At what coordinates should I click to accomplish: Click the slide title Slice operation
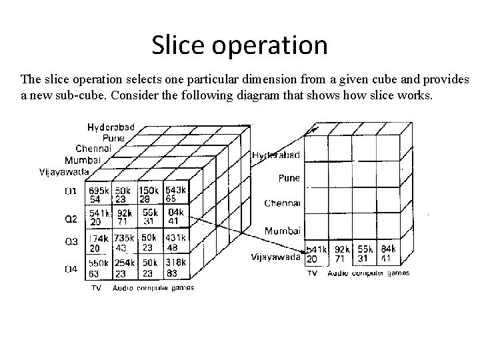click(x=239, y=45)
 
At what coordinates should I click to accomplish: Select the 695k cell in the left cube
click(x=99, y=195)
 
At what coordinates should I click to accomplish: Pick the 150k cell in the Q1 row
click(x=149, y=195)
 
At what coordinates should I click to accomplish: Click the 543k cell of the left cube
click(x=175, y=195)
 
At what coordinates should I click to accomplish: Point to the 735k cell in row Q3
click(x=124, y=242)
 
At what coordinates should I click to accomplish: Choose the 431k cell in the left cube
click(x=175, y=242)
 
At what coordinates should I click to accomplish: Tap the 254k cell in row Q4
click(x=124, y=267)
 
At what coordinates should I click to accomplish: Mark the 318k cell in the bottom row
click(x=175, y=267)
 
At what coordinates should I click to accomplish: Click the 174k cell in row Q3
click(x=99, y=242)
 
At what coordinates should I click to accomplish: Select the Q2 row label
click(x=71, y=219)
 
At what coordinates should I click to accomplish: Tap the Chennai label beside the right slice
click(x=282, y=203)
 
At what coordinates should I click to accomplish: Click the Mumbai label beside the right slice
click(x=282, y=231)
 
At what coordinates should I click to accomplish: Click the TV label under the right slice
click(x=311, y=273)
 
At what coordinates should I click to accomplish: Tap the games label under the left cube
click(x=181, y=288)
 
